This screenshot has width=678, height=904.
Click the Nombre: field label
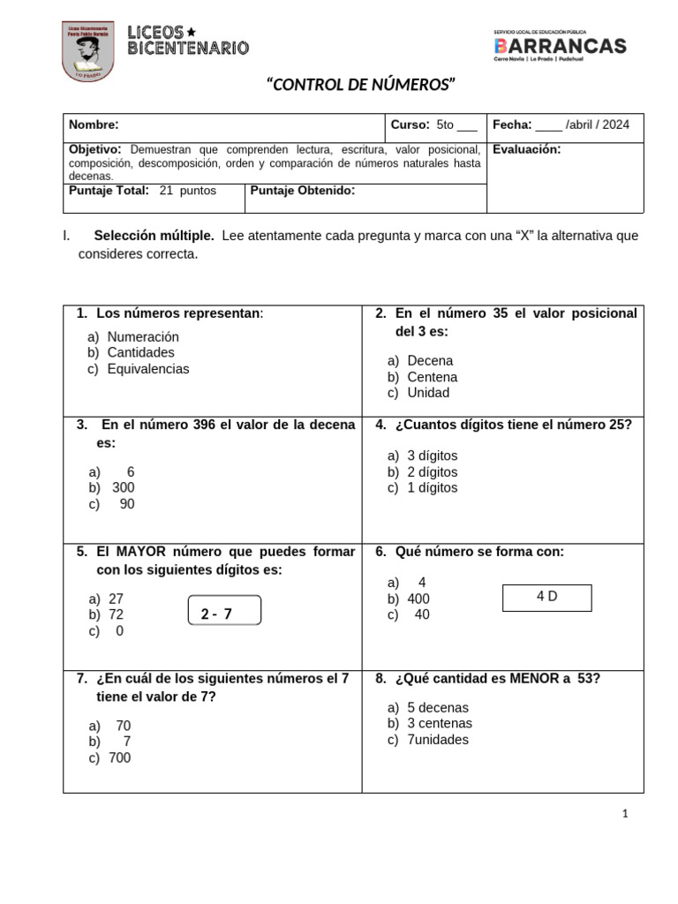click(x=94, y=125)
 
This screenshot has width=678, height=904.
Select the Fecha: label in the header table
click(x=511, y=125)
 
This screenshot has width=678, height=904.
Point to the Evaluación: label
click(x=526, y=149)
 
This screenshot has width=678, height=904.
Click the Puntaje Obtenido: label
click(x=303, y=190)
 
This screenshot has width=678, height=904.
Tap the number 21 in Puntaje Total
click(x=166, y=190)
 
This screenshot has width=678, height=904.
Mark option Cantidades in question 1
click(x=140, y=353)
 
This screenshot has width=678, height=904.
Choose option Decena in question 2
click(x=430, y=361)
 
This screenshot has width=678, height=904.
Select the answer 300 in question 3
click(x=123, y=487)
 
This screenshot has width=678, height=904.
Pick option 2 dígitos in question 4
click(x=432, y=471)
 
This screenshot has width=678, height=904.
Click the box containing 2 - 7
click(x=225, y=611)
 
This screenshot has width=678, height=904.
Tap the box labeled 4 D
click(x=546, y=597)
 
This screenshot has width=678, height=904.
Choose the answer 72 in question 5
click(x=116, y=614)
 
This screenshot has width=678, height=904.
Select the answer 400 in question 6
click(x=418, y=599)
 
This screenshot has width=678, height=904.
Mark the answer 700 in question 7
click(x=118, y=757)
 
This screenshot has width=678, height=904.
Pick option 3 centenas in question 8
click(x=439, y=723)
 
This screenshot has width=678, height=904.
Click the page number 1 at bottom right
click(x=625, y=815)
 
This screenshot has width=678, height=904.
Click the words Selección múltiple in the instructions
click(x=154, y=236)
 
